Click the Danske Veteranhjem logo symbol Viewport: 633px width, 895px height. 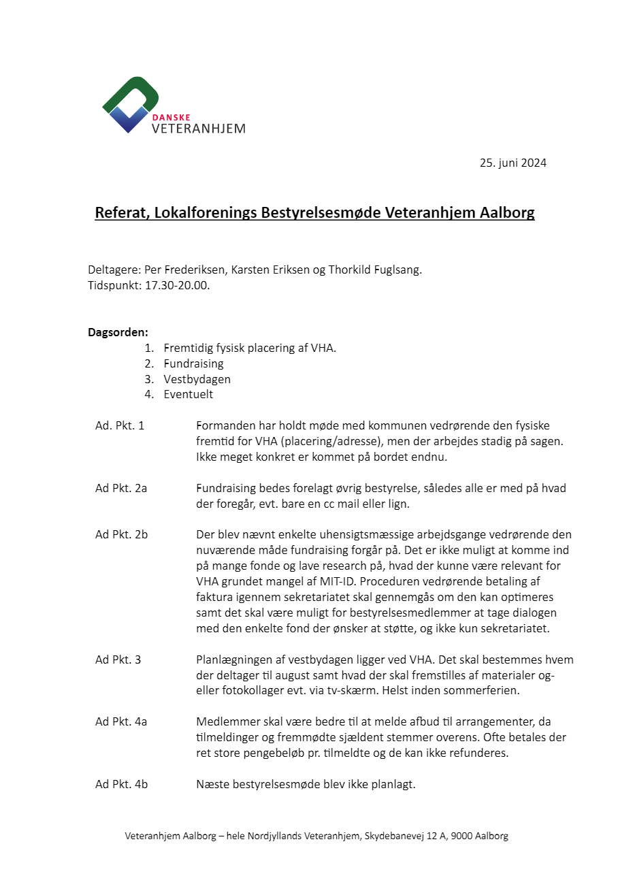130,103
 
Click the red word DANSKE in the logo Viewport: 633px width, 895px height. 171,117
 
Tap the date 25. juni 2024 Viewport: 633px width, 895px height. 513,163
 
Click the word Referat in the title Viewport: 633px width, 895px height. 120,212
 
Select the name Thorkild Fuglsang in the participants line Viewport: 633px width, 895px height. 374,270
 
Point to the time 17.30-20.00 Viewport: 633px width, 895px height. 177,285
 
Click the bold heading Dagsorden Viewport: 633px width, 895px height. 118,332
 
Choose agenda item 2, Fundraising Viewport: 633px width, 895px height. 193,363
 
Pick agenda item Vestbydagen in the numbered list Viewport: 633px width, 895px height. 197,379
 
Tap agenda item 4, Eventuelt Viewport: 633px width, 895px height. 188,394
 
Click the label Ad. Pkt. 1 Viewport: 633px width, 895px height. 120,425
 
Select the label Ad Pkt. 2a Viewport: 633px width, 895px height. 121,488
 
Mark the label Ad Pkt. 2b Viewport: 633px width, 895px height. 121,534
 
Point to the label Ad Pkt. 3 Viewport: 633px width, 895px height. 118,660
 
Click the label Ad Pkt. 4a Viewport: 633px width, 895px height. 121,721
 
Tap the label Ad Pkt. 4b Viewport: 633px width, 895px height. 121,784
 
